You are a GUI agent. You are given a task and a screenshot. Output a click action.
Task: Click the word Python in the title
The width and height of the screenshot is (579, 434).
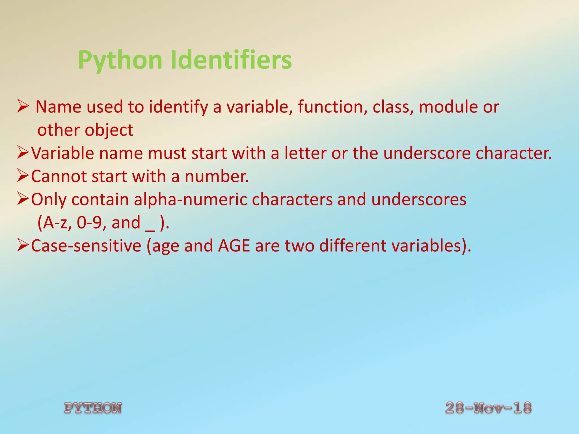click(120, 60)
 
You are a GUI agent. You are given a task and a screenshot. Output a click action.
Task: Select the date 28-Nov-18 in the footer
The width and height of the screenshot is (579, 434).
click(488, 408)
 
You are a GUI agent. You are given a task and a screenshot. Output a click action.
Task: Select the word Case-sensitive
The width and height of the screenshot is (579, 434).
click(86, 246)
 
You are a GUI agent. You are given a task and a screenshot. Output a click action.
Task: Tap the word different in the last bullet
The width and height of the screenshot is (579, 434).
click(353, 246)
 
